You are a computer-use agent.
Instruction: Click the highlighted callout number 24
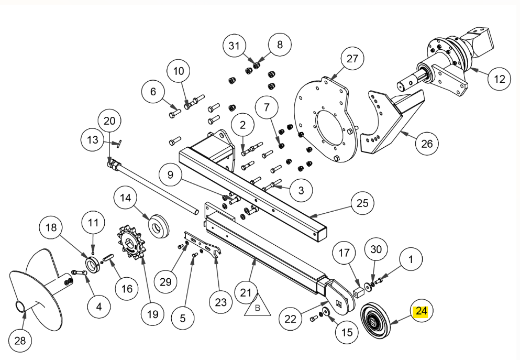click(x=421, y=311)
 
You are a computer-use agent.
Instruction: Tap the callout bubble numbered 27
click(x=352, y=58)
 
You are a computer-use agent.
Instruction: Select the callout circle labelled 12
click(x=500, y=79)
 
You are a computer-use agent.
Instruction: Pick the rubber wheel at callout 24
click(x=375, y=320)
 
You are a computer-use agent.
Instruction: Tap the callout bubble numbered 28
click(x=20, y=341)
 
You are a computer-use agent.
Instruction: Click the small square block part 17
click(x=358, y=293)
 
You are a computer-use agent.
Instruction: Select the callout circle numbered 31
click(x=234, y=46)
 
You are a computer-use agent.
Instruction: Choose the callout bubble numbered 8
click(x=280, y=44)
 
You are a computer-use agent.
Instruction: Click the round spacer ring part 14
click(x=159, y=226)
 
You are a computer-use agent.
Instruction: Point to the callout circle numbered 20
click(x=109, y=121)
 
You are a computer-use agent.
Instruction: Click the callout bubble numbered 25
click(x=362, y=203)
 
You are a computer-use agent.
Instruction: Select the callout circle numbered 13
click(x=93, y=140)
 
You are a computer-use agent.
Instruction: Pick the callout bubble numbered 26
click(x=427, y=144)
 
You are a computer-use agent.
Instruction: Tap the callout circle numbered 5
click(x=183, y=318)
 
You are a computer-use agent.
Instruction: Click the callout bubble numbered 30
click(x=376, y=249)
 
